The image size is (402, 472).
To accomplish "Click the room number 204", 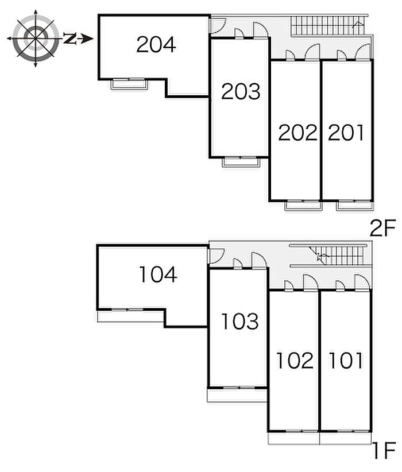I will point(156,44).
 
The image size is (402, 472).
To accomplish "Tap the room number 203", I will point(241,91).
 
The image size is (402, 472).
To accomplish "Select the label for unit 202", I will point(297,133).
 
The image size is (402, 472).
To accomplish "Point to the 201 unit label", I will point(346,133).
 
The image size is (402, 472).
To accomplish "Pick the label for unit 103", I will point(239,322).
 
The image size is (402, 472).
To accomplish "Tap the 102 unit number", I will point(295,361).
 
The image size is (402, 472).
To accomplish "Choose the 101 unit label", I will point(346,361).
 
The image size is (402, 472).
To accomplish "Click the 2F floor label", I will point(382,230).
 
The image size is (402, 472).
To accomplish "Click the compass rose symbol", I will point(36,38).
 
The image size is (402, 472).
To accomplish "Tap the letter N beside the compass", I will point(70,39).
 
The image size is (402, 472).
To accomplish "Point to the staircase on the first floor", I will point(327,253).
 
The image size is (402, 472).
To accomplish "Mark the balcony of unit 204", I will point(129,84).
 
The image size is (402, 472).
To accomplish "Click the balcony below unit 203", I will point(241,161).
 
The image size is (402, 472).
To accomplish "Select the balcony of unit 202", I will point(303,206).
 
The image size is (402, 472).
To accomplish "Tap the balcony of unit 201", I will point(353,206).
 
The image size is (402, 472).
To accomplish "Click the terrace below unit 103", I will point(237,395).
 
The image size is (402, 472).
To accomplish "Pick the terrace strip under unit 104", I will point(131,316).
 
